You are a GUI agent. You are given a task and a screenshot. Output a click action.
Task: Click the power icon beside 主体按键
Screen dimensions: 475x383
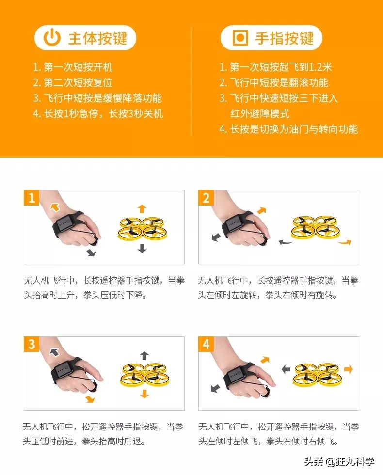(x=52, y=38)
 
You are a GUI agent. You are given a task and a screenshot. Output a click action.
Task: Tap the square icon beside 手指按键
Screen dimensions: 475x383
(x=239, y=38)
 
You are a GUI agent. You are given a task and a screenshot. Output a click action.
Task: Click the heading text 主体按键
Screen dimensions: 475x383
(x=97, y=38)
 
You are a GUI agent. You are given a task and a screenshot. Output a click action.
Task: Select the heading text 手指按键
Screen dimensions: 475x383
(x=285, y=38)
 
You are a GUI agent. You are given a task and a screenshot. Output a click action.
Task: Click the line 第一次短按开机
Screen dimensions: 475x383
(x=73, y=67)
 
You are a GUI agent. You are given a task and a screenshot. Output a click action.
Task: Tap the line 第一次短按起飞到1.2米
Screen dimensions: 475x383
(x=275, y=67)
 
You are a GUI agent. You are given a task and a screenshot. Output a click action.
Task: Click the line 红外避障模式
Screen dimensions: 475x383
(x=259, y=113)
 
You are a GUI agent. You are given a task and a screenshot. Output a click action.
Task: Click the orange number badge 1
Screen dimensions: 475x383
(x=32, y=198)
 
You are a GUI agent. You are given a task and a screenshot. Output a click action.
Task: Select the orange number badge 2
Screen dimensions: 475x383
(x=206, y=198)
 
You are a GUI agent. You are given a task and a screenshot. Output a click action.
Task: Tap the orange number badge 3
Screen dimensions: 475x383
(x=32, y=344)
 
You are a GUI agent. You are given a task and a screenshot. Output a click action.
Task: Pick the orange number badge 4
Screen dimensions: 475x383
(x=206, y=344)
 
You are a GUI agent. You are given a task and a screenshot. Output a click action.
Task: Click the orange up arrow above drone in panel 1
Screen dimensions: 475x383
(x=142, y=208)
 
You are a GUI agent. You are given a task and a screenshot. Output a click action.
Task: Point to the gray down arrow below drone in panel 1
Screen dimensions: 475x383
(x=142, y=248)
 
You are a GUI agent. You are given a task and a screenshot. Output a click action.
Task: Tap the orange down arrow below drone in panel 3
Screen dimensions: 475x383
(x=144, y=394)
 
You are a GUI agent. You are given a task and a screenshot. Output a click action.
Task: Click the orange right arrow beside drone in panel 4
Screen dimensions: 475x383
(x=348, y=369)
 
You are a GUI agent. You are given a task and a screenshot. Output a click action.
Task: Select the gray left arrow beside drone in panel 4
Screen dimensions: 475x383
(x=286, y=369)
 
